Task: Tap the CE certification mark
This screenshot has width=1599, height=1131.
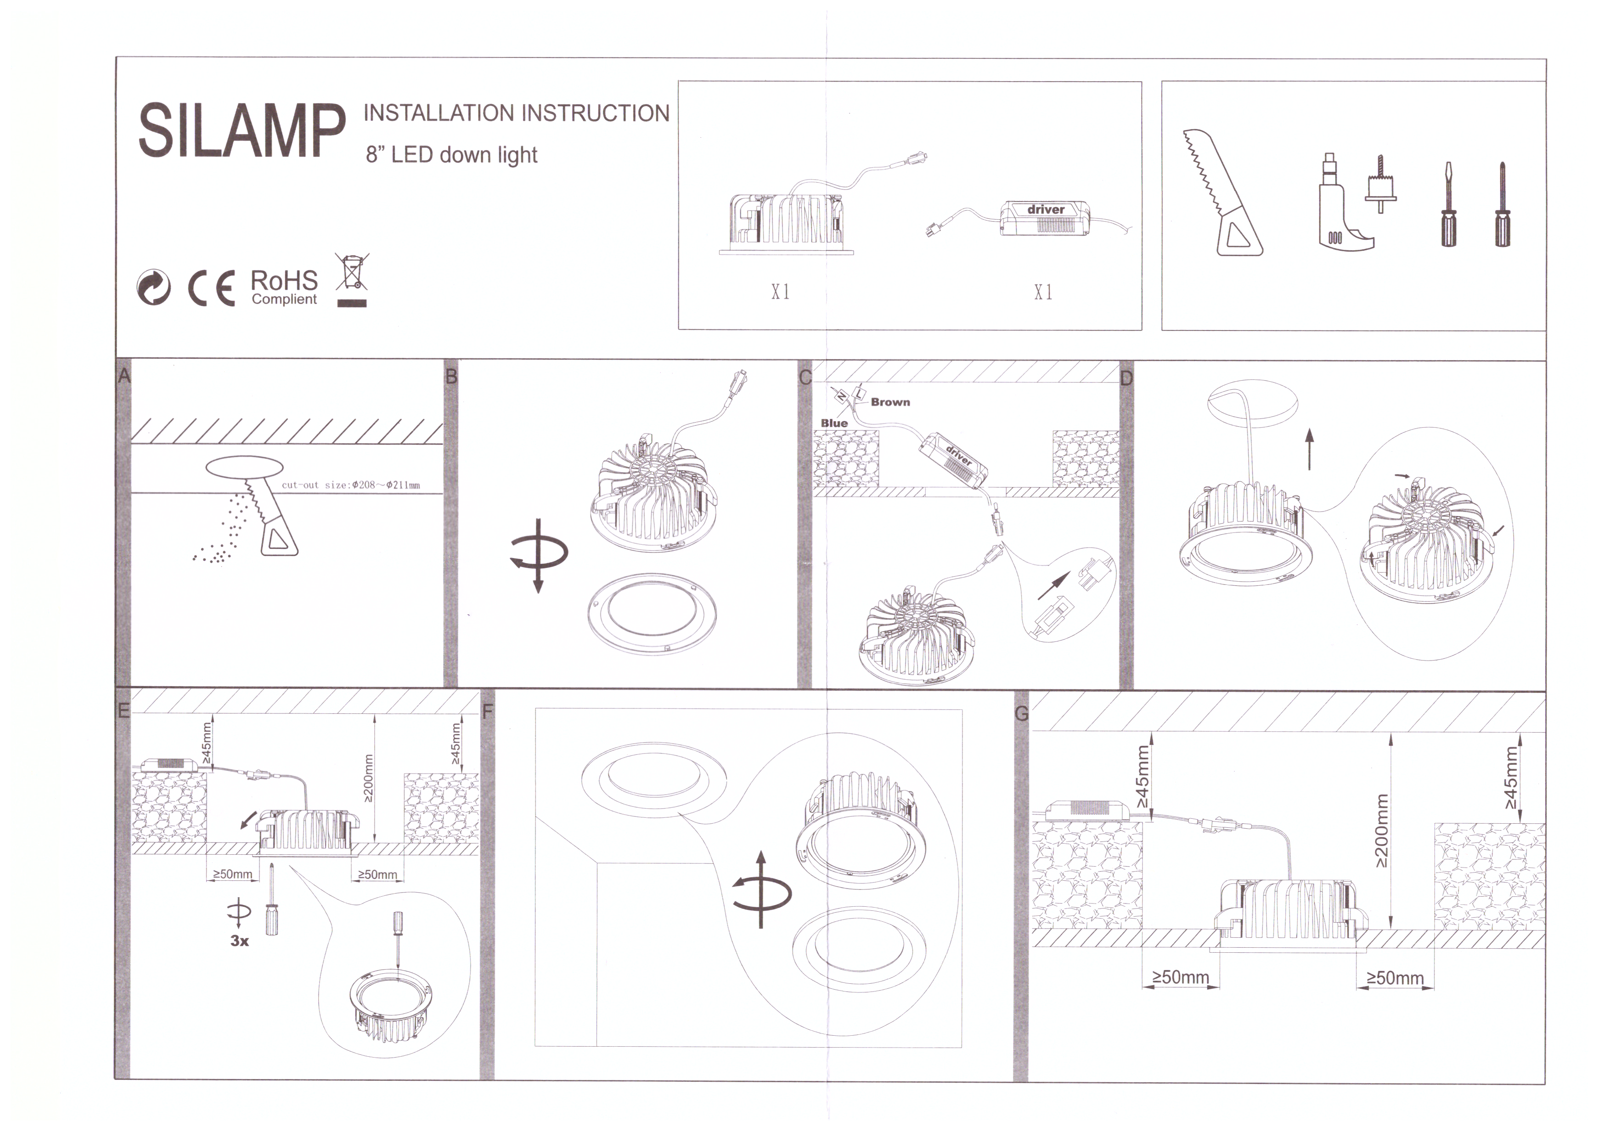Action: pyautogui.click(x=212, y=288)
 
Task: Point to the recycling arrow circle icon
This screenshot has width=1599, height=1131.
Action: pyautogui.click(x=153, y=288)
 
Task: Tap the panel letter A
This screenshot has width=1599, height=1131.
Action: pyautogui.click(x=124, y=376)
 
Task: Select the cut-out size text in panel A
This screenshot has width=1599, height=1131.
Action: pyautogui.click(x=351, y=485)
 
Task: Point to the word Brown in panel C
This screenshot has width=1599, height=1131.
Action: pyautogui.click(x=890, y=402)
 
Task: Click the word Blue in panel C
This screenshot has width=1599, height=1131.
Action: pyautogui.click(x=834, y=423)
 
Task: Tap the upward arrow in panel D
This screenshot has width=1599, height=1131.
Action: pyautogui.click(x=1309, y=449)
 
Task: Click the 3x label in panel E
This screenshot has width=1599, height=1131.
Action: pyautogui.click(x=239, y=941)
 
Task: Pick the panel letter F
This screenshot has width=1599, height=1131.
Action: pyautogui.click(x=487, y=711)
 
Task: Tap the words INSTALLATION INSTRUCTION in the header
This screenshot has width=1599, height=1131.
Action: pyautogui.click(x=516, y=113)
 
